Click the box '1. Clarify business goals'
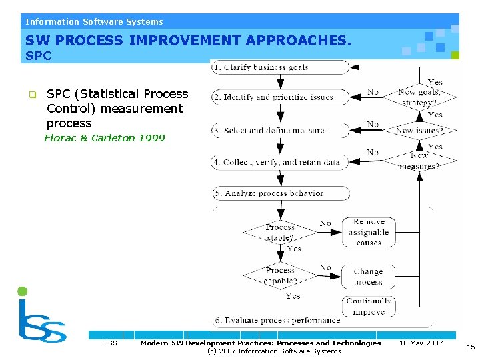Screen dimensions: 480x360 coord(281,67)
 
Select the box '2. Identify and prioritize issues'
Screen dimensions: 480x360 coord(281,97)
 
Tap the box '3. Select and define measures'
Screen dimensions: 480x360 coord(281,131)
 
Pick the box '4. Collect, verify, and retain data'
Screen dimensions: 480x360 coord(281,162)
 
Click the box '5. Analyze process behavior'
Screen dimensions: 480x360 coord(281,193)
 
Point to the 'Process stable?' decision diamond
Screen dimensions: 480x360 coord(280,233)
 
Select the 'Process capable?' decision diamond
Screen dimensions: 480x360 coord(280,275)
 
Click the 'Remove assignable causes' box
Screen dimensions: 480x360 coord(369,232)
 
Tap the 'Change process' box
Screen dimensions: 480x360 coord(369,277)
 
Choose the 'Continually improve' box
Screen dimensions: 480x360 coord(369,306)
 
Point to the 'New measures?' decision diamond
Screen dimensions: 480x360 coord(419,161)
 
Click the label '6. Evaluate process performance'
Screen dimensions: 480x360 coord(277,320)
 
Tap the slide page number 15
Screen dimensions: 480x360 coord(471,347)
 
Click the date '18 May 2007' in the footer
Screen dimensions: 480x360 coord(421,343)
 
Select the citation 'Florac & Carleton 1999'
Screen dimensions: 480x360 coord(105,138)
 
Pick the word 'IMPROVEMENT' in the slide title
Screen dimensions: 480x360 coord(185,41)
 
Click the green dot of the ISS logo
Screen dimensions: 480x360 coord(22,291)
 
